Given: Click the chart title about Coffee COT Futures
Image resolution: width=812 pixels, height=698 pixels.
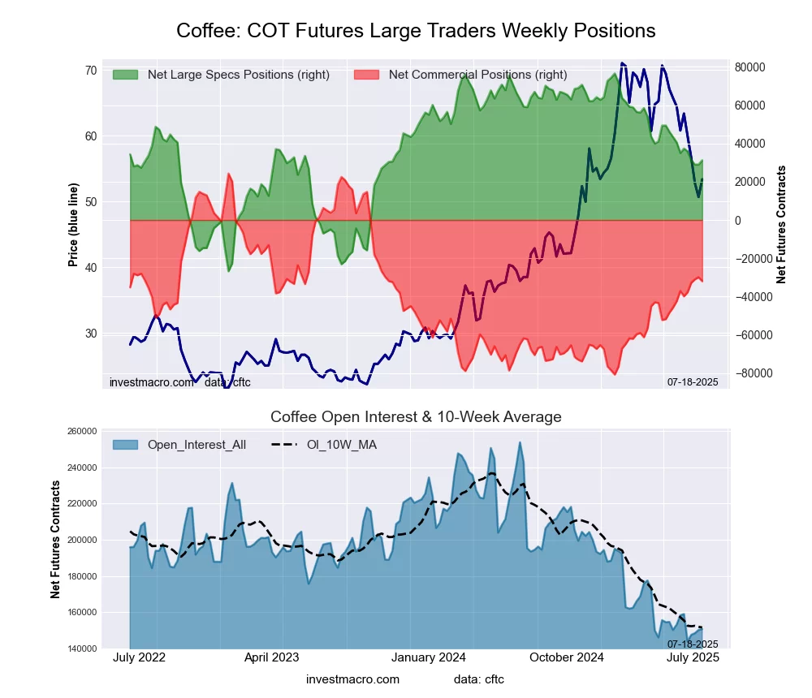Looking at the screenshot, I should coord(416,31).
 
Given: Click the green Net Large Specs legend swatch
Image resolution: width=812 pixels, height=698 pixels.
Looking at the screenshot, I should coord(125,75).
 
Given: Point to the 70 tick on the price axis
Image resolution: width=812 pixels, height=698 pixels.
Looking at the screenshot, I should coord(90,71).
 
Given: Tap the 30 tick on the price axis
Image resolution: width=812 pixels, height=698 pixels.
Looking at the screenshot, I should coord(90,334).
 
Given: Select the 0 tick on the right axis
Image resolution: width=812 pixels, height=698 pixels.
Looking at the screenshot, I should coord(738,221).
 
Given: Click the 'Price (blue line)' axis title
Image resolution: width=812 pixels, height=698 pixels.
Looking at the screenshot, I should coord(73,226).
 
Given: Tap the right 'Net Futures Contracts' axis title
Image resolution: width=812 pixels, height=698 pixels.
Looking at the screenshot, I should coord(781,224).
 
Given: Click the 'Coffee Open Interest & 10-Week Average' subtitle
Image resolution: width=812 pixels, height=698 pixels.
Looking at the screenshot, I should coord(416,417).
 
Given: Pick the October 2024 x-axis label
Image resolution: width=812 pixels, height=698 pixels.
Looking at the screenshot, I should coord(566,657).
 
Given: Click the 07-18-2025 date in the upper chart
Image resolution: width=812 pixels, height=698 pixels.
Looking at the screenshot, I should coord(692,381).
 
